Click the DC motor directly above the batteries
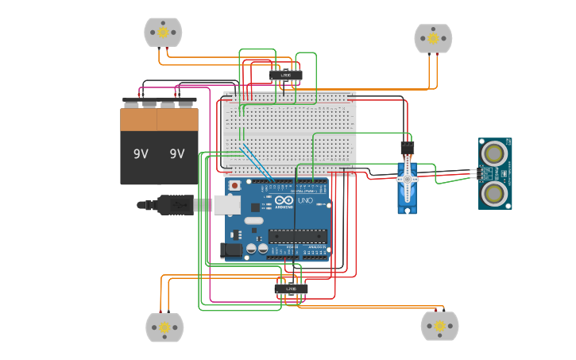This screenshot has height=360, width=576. (x=163, y=33)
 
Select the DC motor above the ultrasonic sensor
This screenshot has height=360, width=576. (x=433, y=38)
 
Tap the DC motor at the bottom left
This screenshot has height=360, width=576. (x=164, y=327)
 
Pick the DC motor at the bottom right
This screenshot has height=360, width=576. (x=439, y=326)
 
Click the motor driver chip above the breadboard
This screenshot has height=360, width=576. (x=285, y=75)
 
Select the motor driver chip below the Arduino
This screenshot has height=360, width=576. (x=291, y=288)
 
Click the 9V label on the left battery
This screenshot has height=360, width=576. (x=141, y=154)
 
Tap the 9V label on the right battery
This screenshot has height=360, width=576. (x=176, y=154)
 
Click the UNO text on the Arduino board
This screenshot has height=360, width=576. (x=305, y=199)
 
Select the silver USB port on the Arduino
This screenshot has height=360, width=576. (x=226, y=205)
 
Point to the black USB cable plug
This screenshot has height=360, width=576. (x=175, y=205)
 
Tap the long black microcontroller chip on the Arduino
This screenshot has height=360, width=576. (x=297, y=235)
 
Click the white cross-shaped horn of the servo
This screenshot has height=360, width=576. (x=408, y=179)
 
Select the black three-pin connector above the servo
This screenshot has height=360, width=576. (x=407, y=147)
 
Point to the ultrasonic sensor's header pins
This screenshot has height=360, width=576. (x=474, y=172)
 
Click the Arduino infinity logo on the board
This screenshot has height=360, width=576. (x=284, y=199)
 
